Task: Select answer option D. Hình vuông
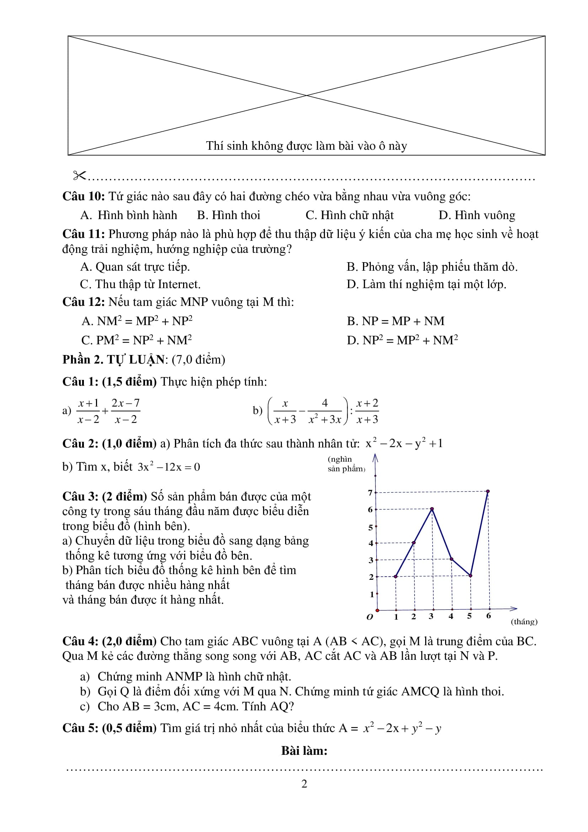476,215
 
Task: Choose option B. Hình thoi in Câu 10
229,215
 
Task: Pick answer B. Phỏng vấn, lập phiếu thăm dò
432,267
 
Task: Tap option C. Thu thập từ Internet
140,284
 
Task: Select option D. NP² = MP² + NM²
402,340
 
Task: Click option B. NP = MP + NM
395,321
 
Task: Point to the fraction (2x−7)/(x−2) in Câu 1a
125,411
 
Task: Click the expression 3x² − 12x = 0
169,467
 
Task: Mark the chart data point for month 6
488,492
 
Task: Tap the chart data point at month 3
432,509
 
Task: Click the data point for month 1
396,576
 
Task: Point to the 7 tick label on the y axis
370,493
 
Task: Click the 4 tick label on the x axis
451,616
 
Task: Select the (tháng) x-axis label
524,622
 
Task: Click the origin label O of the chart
370,617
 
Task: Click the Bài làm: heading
304,751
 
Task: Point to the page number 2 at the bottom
304,784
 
